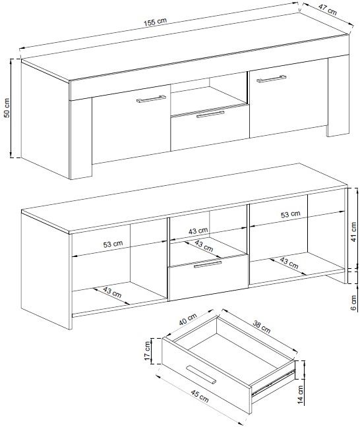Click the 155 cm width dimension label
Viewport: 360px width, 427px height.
(x=155, y=22)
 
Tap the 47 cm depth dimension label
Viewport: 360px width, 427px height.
(x=328, y=10)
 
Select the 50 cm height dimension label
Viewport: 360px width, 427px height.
(x=7, y=108)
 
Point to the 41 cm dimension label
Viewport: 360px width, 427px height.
(x=353, y=232)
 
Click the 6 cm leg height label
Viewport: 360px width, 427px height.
(x=353, y=302)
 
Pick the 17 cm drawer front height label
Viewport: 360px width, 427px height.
(x=148, y=351)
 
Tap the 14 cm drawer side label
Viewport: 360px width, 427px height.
(x=300, y=395)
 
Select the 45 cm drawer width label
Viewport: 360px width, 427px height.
(x=200, y=396)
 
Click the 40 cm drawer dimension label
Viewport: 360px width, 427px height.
(x=188, y=320)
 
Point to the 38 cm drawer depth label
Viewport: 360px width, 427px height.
(x=262, y=327)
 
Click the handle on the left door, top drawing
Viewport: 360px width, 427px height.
(x=151, y=99)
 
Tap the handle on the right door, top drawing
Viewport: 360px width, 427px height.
(x=272, y=78)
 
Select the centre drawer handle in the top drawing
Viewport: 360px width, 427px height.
(x=210, y=115)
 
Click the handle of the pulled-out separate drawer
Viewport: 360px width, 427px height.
(x=201, y=375)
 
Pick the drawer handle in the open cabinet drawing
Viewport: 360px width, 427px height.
(x=208, y=264)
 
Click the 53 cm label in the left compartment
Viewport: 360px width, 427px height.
(x=113, y=244)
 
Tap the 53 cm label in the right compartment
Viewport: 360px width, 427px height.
(x=291, y=214)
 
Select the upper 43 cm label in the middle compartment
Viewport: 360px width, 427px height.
(x=198, y=231)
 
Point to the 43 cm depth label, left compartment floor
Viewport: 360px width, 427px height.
(x=112, y=292)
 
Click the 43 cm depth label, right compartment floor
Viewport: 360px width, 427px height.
(x=289, y=263)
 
